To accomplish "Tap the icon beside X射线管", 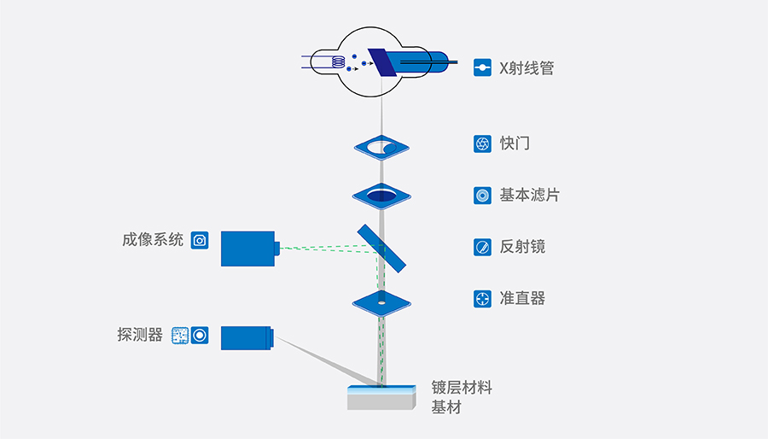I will [482, 67].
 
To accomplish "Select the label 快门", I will [515, 143].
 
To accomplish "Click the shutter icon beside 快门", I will [482, 143].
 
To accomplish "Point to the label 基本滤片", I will [529, 195].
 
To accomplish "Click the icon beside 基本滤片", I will [482, 196].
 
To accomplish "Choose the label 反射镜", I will [522, 247].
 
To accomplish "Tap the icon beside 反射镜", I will [482, 247].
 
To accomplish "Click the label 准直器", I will [522, 298].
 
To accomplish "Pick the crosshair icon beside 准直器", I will [482, 299].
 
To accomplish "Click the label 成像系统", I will [153, 240].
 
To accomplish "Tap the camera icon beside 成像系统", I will [200, 240].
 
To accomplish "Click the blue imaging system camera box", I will [247, 249].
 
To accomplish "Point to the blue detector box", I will [247, 337].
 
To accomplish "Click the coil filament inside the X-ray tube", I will [338, 62].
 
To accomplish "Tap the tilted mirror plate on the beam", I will [382, 249].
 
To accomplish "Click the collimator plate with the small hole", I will [381, 301].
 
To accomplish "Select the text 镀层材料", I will [462, 388].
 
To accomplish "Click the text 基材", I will [446, 407].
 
